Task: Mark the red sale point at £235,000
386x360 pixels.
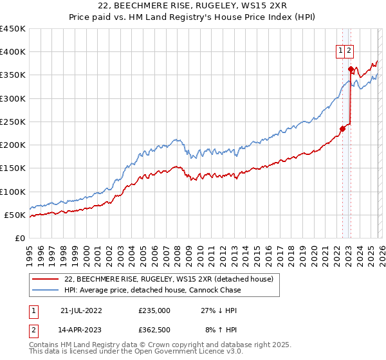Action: coord(342,129)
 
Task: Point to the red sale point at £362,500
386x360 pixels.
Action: coord(351,69)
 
